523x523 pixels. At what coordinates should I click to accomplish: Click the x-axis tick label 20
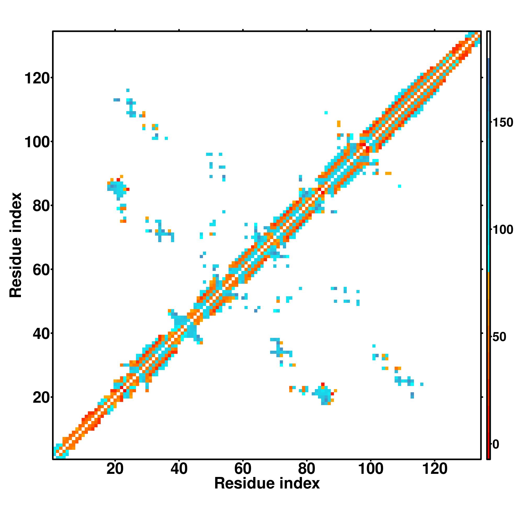(115, 469)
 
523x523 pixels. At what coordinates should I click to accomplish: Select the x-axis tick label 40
(179, 469)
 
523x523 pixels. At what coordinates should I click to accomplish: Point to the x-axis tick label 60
(243, 469)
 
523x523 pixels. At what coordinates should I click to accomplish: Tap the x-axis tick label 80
(307, 469)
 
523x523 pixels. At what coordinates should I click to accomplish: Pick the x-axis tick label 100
(371, 469)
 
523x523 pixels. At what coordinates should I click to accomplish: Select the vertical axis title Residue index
(16, 245)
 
